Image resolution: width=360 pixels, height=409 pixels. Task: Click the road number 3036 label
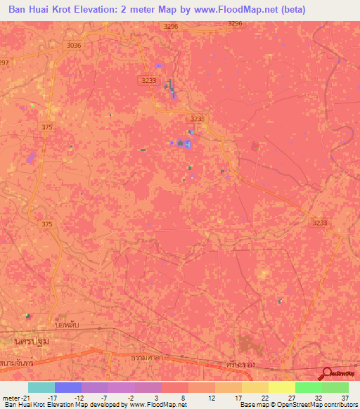pyautogui.click(x=74, y=45)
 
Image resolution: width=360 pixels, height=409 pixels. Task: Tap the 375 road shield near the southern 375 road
pyautogui.click(x=47, y=223)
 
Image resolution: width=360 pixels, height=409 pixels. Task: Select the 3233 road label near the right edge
pyautogui.click(x=320, y=223)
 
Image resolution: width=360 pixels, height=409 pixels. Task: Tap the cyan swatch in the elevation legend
pyautogui.click(x=41, y=387)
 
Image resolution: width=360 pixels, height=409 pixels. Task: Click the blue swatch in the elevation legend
pyautogui.click(x=68, y=387)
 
